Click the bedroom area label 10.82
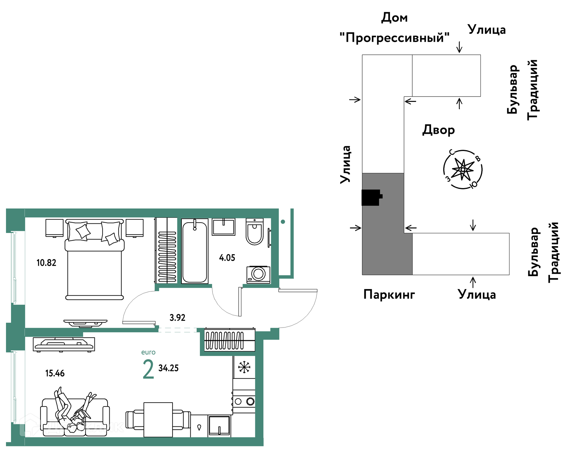(46, 263)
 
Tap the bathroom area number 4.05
(227, 258)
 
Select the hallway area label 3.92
(177, 318)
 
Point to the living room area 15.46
(55, 373)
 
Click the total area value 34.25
(168, 368)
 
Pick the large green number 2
(148, 369)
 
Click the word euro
(148, 352)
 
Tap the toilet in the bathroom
(254, 232)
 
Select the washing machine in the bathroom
(258, 274)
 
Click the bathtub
(195, 251)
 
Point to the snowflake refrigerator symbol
(244, 367)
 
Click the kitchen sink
(219, 426)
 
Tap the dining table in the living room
(158, 420)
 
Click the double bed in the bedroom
(94, 259)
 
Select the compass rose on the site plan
(463, 170)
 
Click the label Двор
(439, 130)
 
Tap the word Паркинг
(389, 294)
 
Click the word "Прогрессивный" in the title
(394, 38)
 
